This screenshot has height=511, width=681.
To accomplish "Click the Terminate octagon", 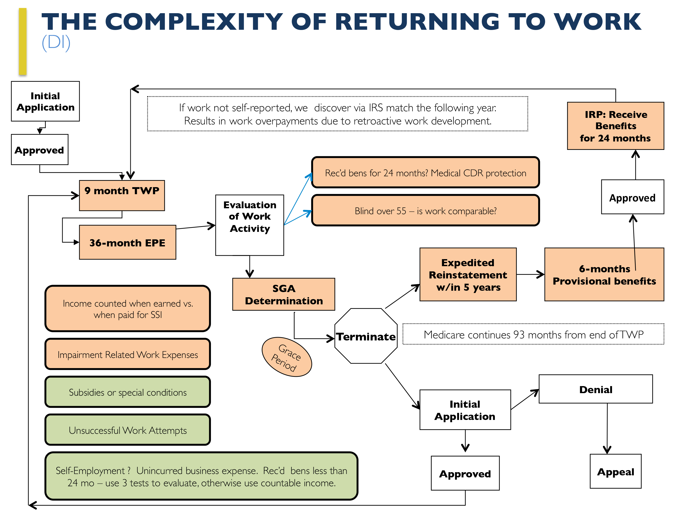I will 366,336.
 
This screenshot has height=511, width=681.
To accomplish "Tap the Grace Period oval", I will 287,357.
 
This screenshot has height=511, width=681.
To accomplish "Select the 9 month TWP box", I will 122,195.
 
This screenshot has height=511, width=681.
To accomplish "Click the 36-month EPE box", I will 127,242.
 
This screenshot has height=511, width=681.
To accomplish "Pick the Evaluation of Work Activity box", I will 250,225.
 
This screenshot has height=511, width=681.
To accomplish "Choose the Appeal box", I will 615,471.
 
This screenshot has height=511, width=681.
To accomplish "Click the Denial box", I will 595,389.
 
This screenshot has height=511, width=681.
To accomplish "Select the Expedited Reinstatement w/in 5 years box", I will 468,274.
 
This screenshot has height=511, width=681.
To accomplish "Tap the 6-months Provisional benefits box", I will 604,274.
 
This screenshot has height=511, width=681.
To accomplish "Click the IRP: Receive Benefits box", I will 615,126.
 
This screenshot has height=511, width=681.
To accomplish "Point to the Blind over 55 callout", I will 425,211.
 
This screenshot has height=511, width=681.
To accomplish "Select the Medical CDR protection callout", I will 425,173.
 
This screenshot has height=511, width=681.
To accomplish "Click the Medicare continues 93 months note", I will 533,334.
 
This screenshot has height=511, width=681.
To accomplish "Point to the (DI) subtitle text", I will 56,42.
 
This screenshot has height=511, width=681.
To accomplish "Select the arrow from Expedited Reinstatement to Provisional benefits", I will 530,274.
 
